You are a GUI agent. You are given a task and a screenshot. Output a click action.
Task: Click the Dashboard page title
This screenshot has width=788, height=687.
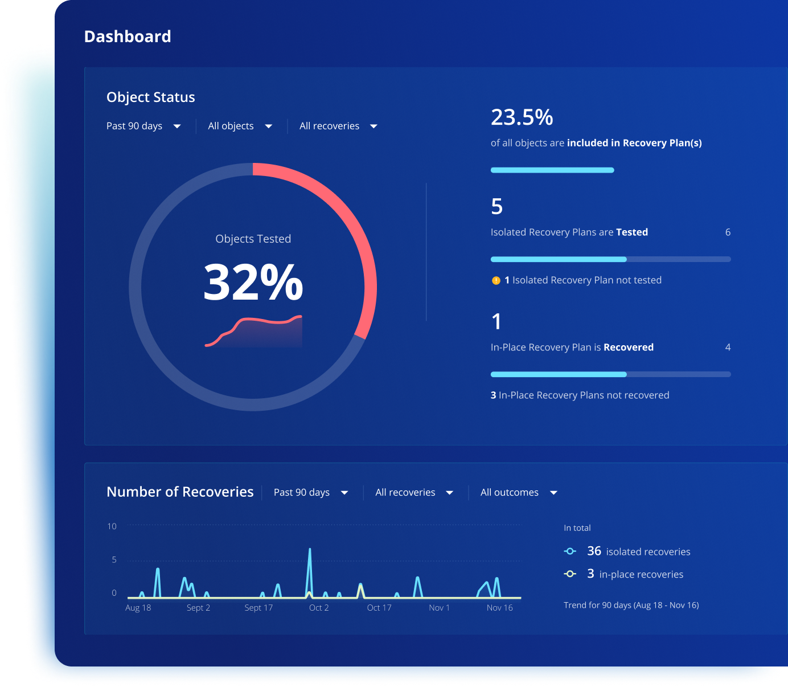(x=128, y=36)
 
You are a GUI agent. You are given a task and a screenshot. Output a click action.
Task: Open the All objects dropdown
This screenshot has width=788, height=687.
(x=240, y=126)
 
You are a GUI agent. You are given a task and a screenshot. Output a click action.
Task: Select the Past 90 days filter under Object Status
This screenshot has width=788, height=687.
(x=143, y=126)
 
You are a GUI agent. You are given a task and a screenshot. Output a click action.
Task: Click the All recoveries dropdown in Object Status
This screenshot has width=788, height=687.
(x=338, y=126)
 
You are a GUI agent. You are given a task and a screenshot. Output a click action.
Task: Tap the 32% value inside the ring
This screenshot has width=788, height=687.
(x=253, y=282)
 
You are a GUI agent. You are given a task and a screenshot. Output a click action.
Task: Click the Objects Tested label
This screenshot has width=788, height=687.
(x=253, y=239)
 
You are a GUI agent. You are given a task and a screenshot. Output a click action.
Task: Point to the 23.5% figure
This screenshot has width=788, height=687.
(x=522, y=117)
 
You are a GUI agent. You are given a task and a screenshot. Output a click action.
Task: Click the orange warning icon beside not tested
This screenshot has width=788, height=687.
(x=496, y=280)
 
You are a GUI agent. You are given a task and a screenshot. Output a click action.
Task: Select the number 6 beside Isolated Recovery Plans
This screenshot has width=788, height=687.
(x=728, y=232)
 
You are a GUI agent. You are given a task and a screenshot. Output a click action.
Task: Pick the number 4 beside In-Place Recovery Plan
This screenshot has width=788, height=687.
(x=728, y=347)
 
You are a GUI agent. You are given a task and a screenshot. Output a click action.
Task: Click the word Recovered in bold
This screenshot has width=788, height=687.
(x=629, y=347)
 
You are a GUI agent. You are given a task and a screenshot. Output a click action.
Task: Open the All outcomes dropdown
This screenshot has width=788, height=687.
(x=518, y=492)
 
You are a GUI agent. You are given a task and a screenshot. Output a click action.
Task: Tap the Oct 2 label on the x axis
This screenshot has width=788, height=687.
(x=319, y=608)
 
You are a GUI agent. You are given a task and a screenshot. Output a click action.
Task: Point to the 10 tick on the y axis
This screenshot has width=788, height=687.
(x=112, y=526)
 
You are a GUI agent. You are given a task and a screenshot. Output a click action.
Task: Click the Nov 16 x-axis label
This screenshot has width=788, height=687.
(x=499, y=608)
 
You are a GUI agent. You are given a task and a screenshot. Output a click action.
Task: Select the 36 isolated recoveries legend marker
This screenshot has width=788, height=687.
(x=570, y=551)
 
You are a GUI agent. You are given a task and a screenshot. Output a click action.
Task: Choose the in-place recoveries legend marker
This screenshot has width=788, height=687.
(x=570, y=574)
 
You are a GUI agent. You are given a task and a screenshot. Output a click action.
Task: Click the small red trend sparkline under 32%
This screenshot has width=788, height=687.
(x=253, y=330)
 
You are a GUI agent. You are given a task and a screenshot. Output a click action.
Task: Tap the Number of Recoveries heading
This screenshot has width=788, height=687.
(x=180, y=492)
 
